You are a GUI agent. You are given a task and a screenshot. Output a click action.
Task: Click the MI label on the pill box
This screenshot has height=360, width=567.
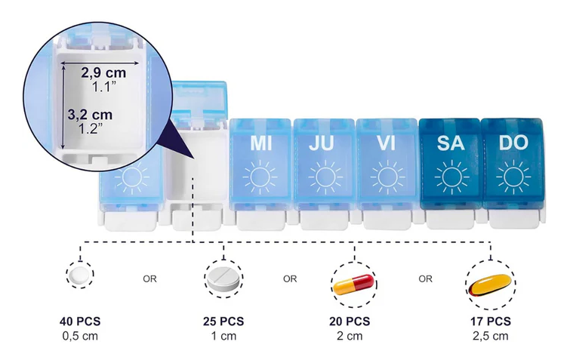260,143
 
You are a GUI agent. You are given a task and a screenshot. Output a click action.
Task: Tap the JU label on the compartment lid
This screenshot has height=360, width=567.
321,143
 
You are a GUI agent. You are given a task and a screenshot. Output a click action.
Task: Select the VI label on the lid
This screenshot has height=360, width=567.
386,143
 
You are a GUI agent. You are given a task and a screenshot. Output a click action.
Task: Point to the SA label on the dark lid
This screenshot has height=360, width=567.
451,143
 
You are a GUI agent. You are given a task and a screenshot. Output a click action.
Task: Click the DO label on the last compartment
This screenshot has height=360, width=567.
513,143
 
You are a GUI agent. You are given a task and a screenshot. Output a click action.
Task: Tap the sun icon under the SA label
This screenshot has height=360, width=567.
451,177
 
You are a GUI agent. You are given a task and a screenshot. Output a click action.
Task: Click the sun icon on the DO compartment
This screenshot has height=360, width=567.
513,177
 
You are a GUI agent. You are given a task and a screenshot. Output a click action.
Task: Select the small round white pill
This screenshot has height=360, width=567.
79,275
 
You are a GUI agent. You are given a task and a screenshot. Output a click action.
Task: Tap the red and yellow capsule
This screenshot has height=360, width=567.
353,284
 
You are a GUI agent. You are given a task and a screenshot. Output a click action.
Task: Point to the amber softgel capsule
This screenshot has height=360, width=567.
490,285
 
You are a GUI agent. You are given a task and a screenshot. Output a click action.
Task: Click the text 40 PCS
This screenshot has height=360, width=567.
80,321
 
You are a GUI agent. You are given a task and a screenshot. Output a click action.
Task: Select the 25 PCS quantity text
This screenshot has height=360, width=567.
223,321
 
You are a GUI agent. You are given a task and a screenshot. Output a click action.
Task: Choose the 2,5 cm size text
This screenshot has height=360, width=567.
490,336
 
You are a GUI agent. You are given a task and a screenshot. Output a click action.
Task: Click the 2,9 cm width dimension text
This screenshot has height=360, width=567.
103,72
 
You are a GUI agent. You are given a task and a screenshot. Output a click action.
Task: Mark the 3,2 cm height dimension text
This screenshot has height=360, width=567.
90,115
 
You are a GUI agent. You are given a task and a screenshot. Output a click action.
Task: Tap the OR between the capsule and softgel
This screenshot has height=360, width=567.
425,278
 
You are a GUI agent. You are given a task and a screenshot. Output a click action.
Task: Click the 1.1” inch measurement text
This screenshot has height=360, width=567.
103,87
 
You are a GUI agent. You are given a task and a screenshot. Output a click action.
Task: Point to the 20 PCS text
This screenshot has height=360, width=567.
350,321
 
